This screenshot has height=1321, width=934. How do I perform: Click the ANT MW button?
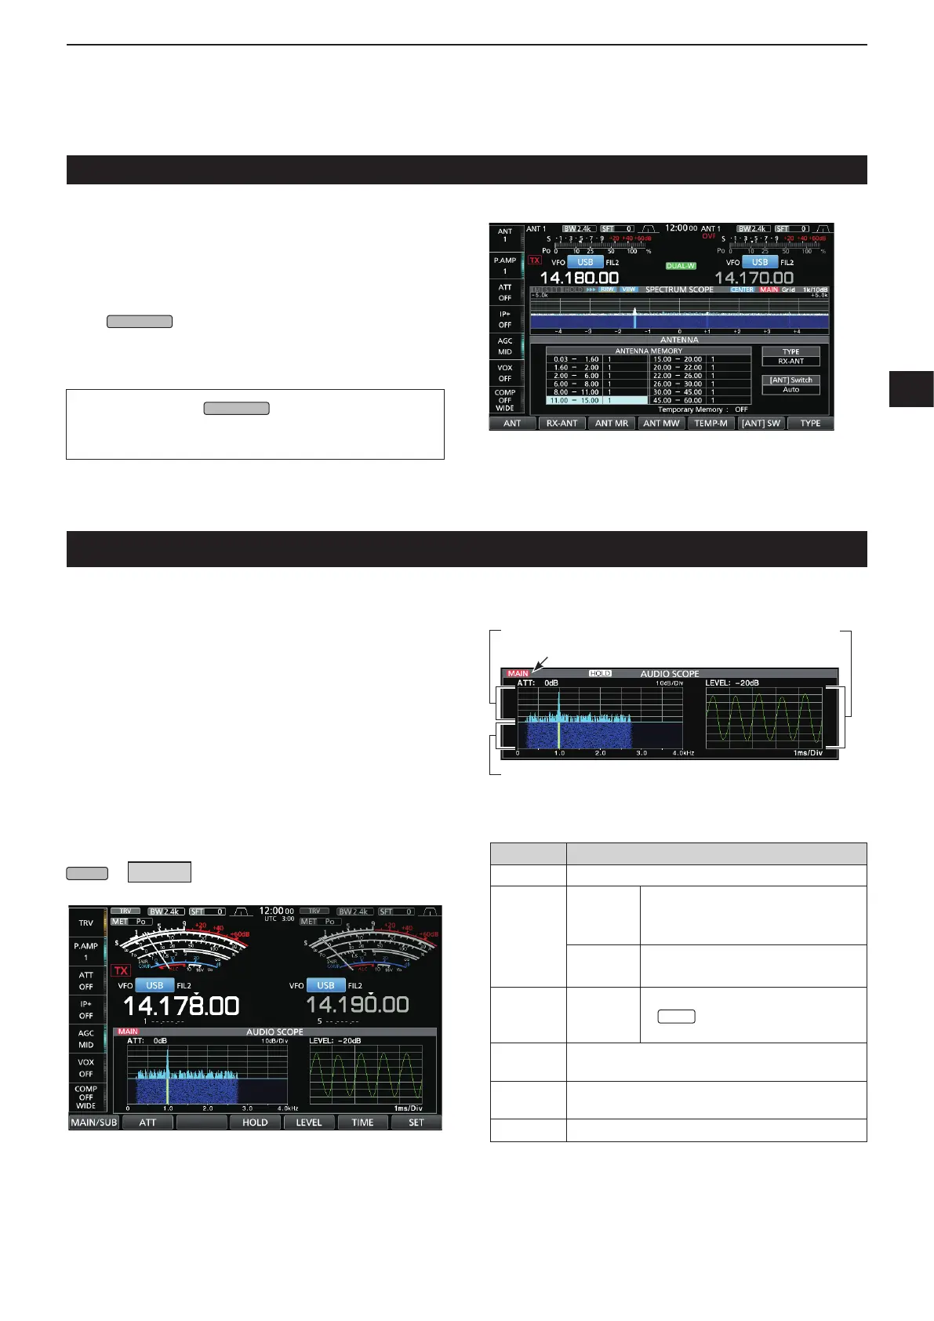661,424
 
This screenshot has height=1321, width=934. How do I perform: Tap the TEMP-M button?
710,424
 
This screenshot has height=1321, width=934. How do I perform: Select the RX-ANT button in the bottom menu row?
561,424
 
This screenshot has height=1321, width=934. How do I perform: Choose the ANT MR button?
612,424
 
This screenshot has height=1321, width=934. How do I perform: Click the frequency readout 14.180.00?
579,278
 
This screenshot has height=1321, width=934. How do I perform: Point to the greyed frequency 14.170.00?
754,278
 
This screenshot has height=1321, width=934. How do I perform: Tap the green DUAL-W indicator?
681,266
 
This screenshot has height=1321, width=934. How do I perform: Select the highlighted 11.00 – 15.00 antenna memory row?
597,401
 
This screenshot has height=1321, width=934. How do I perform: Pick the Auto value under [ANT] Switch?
790,390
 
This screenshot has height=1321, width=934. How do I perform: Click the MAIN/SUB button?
94,1123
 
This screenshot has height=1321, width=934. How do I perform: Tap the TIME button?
362,1123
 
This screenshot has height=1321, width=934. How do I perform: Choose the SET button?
416,1123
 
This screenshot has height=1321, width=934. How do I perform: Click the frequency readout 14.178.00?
181,1006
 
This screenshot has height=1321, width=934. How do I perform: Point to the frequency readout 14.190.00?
357,1005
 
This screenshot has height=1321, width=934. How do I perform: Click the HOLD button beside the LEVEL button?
255,1123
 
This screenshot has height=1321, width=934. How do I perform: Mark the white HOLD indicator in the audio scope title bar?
600,673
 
